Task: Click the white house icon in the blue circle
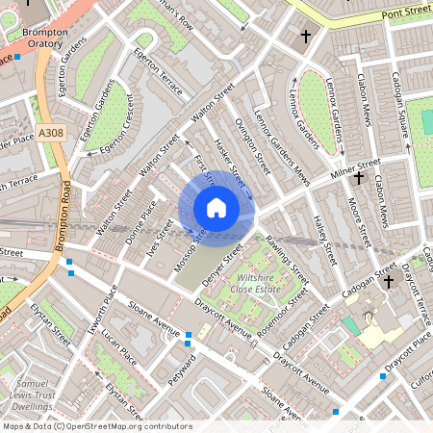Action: pos(216,208)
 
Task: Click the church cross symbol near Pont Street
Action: pos(306,37)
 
